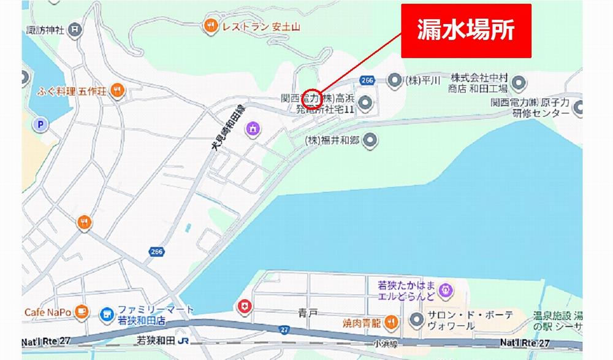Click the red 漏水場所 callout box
[466, 31]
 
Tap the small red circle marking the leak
[313, 98]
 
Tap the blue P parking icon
[40, 125]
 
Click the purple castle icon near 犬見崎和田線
[252, 128]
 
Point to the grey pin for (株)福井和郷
[370, 141]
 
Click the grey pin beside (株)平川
[394, 80]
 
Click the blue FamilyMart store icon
[106, 314]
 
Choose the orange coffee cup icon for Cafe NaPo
[82, 313]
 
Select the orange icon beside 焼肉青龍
[392, 321]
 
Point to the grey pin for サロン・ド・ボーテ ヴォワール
[417, 320]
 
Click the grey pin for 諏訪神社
[74, 28]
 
